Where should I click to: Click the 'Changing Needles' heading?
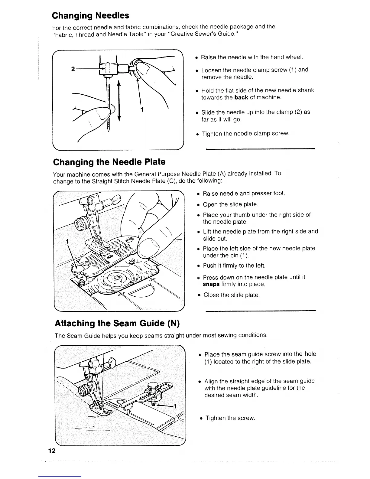pos(90,15)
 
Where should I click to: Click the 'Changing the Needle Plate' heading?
pos(109,162)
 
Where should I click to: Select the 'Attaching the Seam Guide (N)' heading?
pos(117,323)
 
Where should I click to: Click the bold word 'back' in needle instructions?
pos(241,97)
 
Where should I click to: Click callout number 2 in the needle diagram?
pos(73,69)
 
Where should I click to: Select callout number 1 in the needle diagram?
pos(142,109)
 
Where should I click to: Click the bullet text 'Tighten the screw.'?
pos(230,418)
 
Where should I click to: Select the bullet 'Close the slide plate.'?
pos(231,295)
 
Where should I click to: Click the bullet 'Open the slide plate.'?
pos(230,204)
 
